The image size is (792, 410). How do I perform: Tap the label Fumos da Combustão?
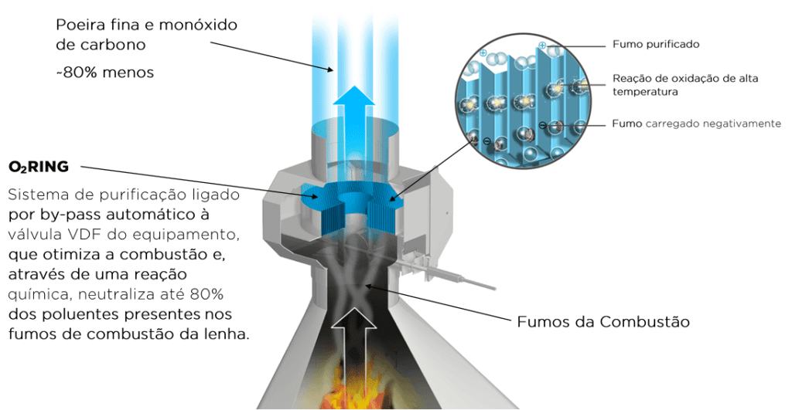(603, 321)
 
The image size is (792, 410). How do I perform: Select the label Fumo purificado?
(655, 44)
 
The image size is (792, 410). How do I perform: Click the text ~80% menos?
(104, 73)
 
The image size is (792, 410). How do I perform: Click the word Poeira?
(84, 25)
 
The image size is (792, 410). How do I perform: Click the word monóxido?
(203, 25)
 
